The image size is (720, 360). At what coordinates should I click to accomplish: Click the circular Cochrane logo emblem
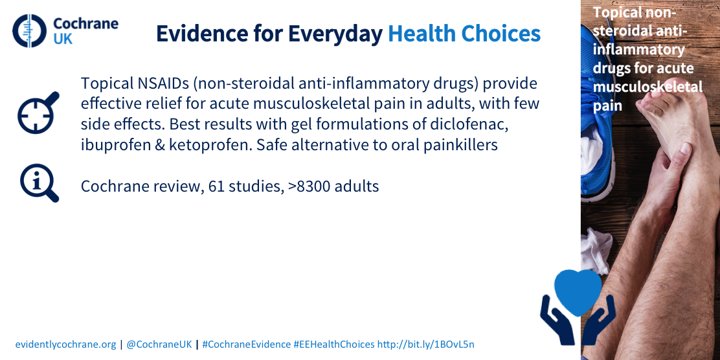29,31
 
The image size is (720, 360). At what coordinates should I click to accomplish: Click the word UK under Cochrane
63,39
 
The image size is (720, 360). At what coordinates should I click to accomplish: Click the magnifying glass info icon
39,183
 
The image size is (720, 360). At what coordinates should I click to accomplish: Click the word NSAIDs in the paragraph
158,84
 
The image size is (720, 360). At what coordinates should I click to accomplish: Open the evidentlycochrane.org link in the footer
65,344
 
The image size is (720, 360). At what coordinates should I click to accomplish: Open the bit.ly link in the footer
425,344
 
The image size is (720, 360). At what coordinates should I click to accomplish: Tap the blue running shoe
597,115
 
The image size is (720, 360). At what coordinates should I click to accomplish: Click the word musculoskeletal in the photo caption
647,87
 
